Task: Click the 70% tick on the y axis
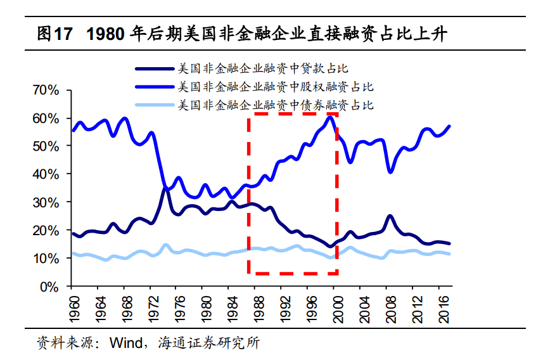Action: coord(46,91)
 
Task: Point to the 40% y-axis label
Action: coord(46,174)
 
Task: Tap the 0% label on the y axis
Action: coord(50,286)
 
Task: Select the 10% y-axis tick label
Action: coord(46,259)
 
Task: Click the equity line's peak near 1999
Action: coord(330,117)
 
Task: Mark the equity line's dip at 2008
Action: coord(390,172)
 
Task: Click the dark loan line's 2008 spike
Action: coord(390,217)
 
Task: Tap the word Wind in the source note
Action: coord(124,344)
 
